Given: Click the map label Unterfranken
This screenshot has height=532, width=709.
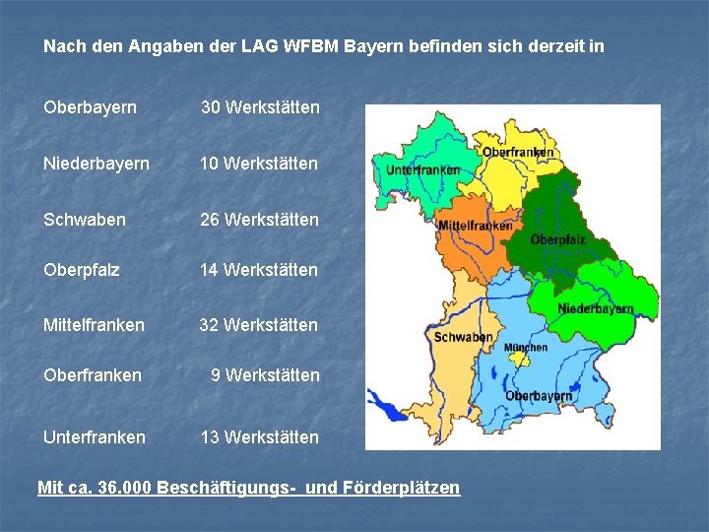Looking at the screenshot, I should click(423, 169).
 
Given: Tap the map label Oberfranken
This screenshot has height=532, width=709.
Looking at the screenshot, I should click(518, 153).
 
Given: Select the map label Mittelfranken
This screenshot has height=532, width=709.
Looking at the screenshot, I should click(476, 226).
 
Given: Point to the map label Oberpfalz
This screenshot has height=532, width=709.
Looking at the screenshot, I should click(558, 239).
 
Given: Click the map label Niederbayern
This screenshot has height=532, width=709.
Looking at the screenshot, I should click(596, 308).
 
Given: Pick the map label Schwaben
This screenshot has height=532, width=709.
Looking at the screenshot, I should click(463, 337).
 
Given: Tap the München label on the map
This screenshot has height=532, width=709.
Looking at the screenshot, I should click(526, 348).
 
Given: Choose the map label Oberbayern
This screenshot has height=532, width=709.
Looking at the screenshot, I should click(539, 396).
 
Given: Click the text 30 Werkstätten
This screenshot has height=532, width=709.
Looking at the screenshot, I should click(260, 107).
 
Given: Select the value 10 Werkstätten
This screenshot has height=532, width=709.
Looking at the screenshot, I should click(259, 164).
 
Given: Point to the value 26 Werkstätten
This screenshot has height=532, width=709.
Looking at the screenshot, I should click(259, 220).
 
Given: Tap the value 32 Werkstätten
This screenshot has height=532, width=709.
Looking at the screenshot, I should click(259, 324).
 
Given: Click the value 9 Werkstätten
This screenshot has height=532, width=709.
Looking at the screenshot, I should click(265, 375).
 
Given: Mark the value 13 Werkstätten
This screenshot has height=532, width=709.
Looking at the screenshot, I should click(259, 437).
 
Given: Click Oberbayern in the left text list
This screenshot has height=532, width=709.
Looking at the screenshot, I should click(90, 107).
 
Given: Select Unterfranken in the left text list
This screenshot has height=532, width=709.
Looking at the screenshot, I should click(94, 437).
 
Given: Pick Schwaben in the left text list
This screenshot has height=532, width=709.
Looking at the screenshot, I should click(85, 220).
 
